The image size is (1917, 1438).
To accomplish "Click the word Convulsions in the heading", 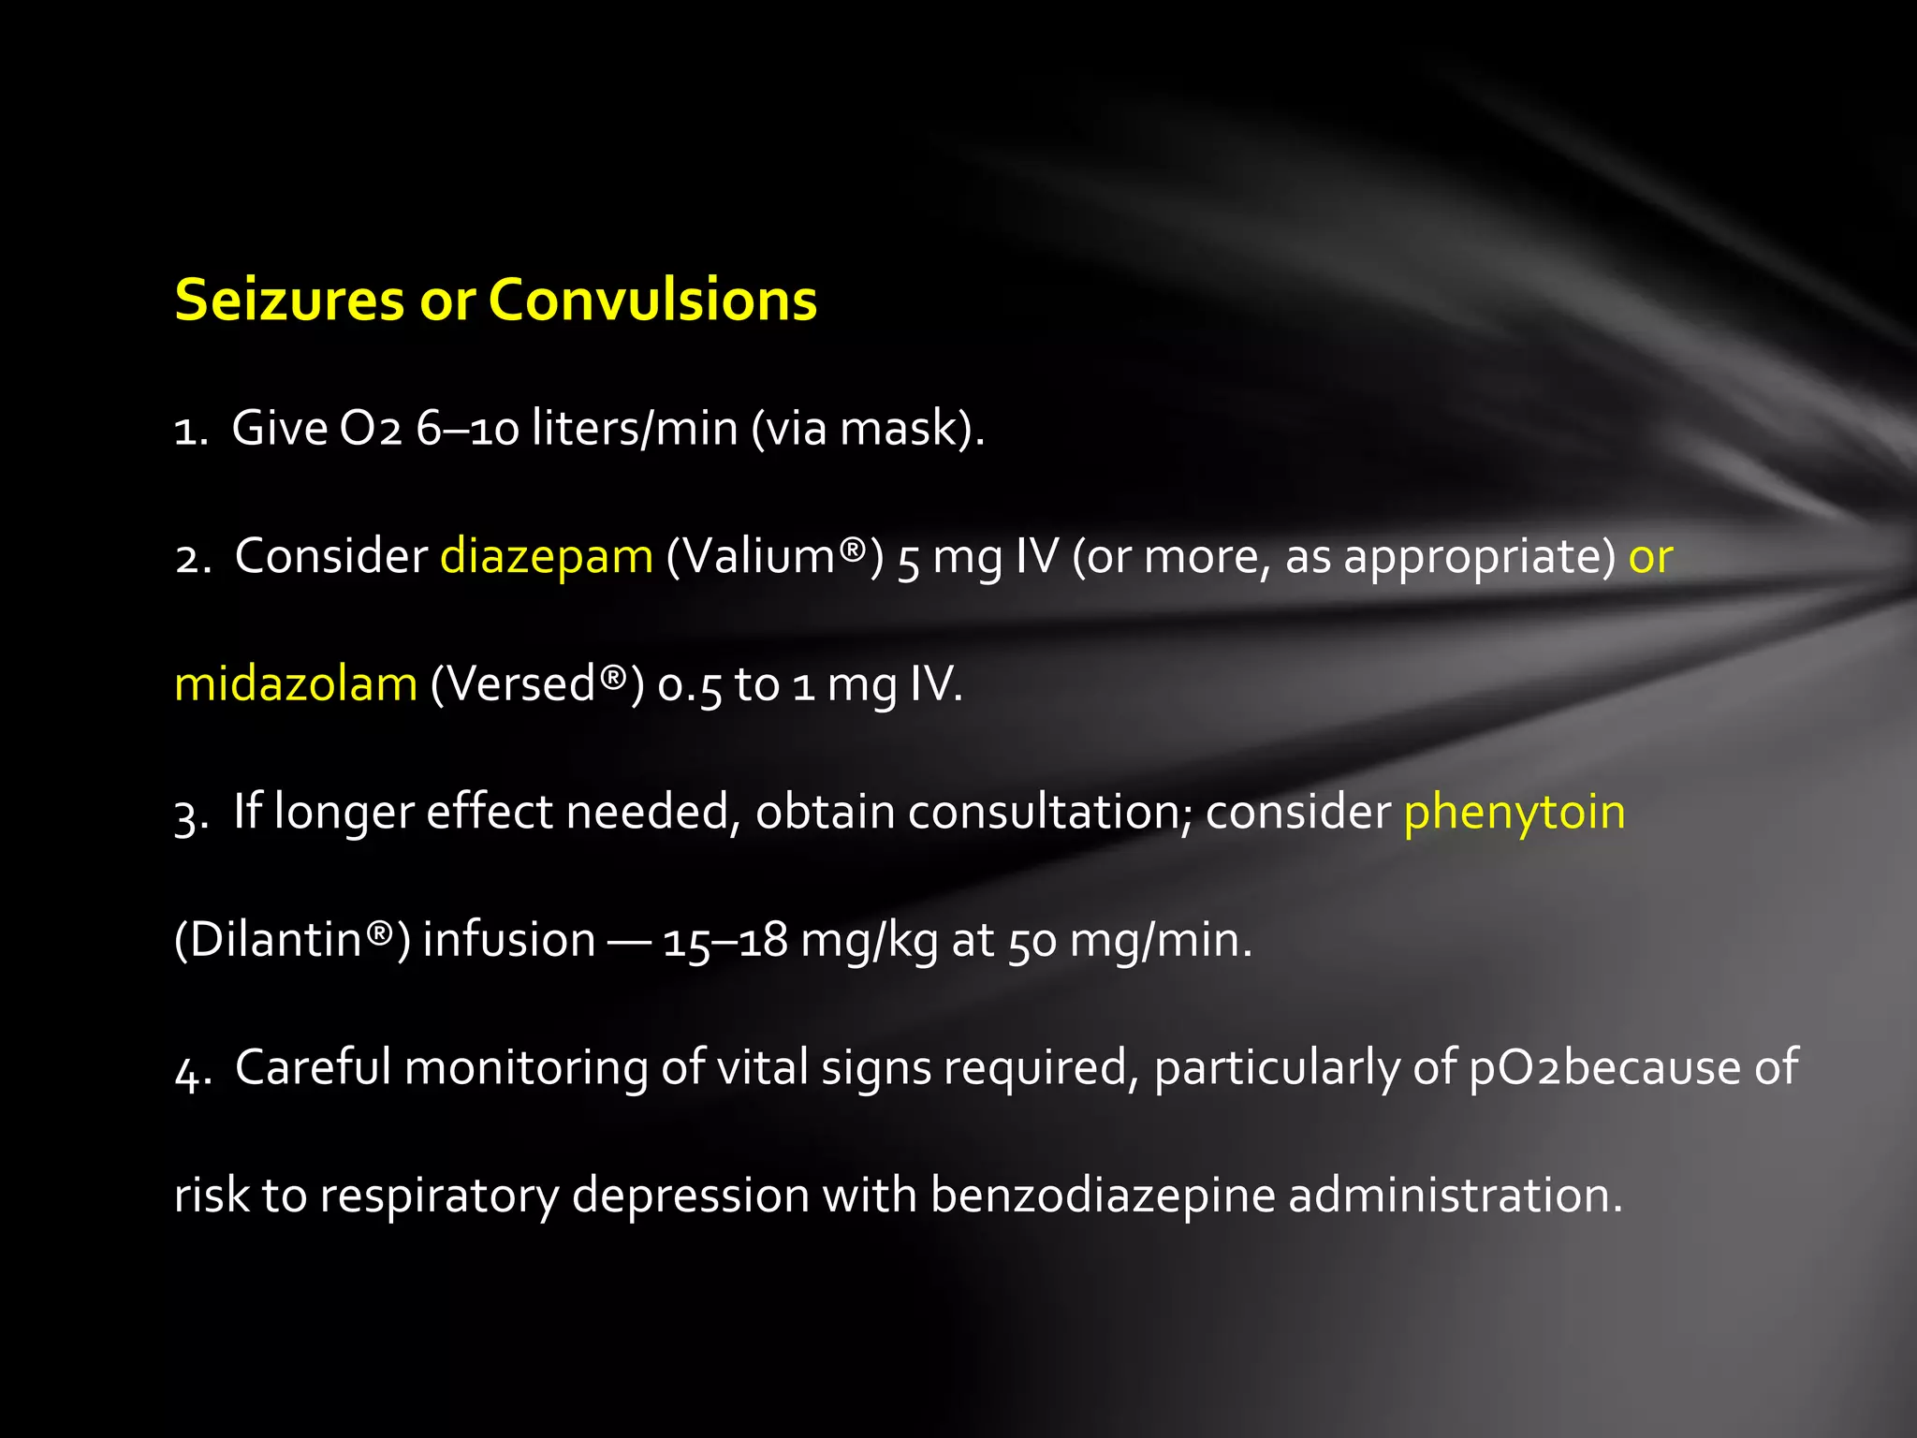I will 652,301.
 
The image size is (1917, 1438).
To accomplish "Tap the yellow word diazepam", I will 546,556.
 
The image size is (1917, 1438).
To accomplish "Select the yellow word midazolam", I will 296,683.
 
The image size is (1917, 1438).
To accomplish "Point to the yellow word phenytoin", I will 1514,813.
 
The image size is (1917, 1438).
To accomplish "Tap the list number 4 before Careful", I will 191,1070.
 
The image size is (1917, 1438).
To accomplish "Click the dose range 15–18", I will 724,940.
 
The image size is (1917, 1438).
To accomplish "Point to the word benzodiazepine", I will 1102,1196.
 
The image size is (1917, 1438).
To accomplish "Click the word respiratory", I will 439,1196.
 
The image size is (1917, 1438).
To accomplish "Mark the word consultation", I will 1048,812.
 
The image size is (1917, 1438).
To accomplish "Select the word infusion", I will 508,940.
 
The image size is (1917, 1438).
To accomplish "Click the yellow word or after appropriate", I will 1650,558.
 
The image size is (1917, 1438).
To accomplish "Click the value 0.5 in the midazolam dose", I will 690,685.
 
